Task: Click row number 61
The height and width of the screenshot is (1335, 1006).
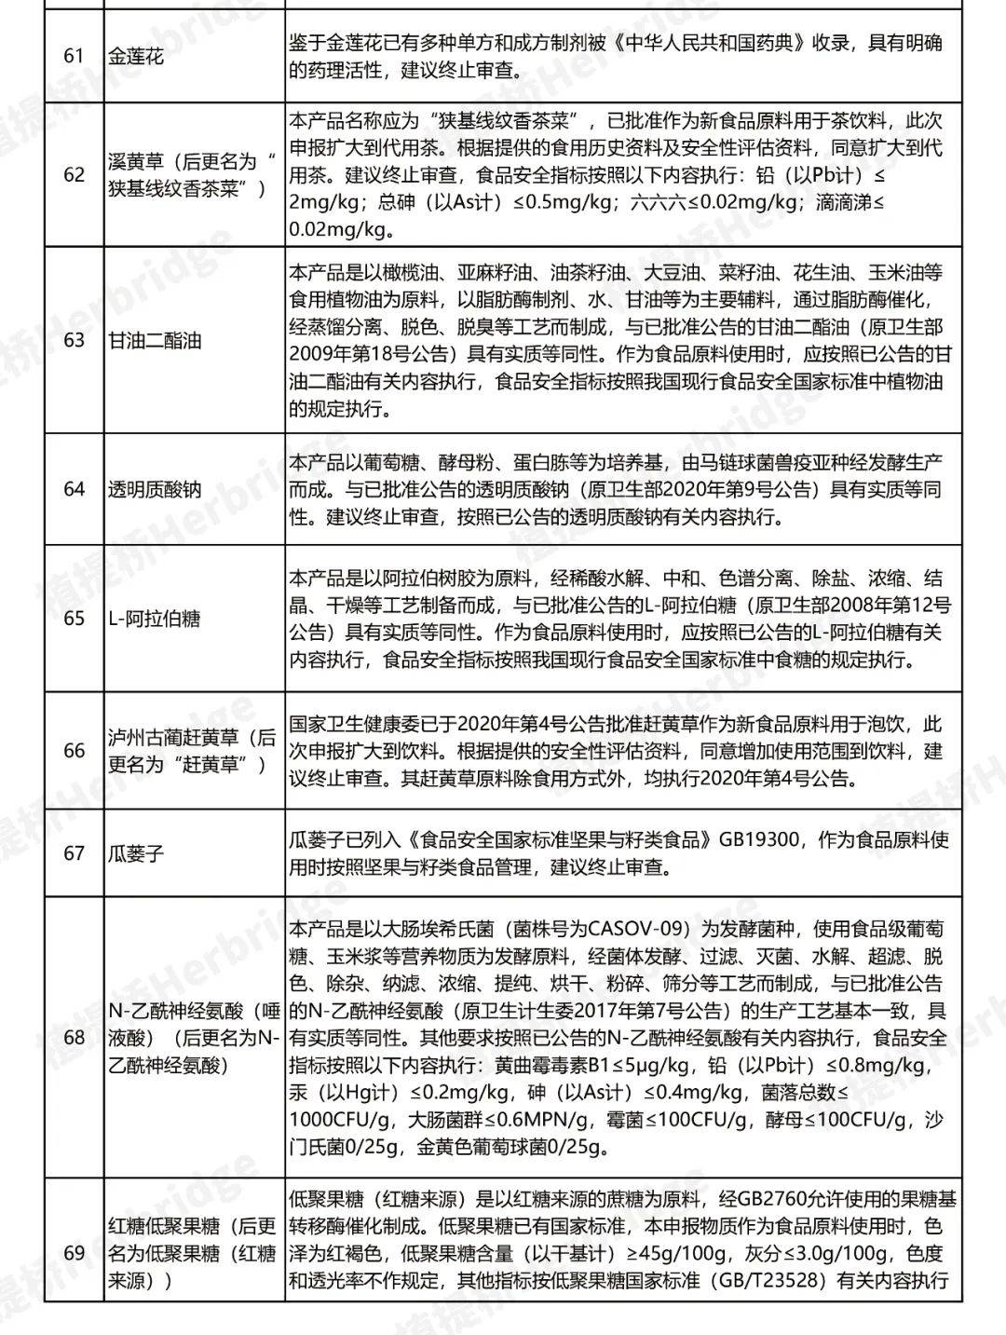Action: (x=74, y=56)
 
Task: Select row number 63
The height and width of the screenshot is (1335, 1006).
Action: (x=74, y=340)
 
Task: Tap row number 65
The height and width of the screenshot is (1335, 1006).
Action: (x=74, y=618)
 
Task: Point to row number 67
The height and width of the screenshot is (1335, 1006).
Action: (x=74, y=852)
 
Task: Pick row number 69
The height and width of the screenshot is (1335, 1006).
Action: (x=74, y=1253)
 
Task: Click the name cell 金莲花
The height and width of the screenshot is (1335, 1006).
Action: (x=135, y=56)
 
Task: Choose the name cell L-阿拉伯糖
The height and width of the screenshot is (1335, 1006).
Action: (x=154, y=618)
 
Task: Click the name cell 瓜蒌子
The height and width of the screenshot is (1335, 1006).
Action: (x=135, y=852)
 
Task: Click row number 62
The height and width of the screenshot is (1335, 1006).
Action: (x=74, y=174)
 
